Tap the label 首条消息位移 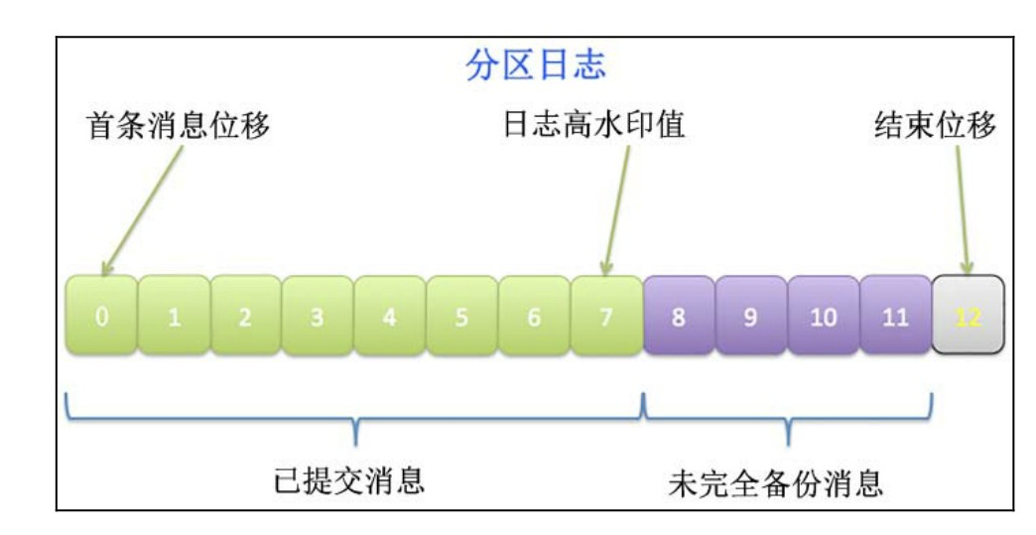point(179,127)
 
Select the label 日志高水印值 point(595,127)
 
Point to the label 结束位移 point(944,127)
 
